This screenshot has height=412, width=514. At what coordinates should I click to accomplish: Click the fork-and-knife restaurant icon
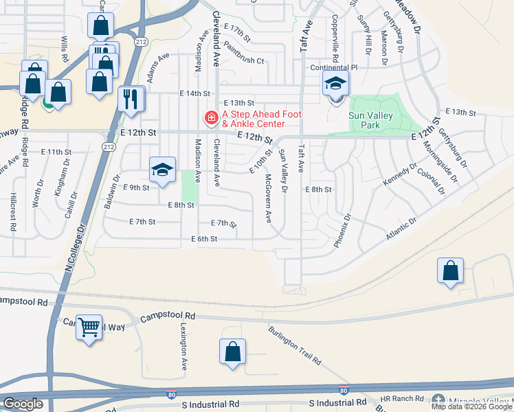(130, 99)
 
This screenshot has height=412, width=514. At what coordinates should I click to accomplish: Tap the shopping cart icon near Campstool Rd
(89, 328)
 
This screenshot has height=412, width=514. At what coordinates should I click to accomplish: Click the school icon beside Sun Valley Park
(335, 85)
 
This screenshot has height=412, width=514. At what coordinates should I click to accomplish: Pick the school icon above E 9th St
(162, 170)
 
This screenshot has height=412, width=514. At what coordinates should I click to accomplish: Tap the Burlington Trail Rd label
(295, 345)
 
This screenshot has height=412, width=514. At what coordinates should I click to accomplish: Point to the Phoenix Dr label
(342, 230)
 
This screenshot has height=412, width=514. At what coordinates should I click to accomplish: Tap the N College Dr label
(75, 247)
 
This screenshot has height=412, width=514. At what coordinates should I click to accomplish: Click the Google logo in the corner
(23, 404)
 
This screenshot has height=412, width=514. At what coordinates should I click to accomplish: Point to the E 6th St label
(204, 239)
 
